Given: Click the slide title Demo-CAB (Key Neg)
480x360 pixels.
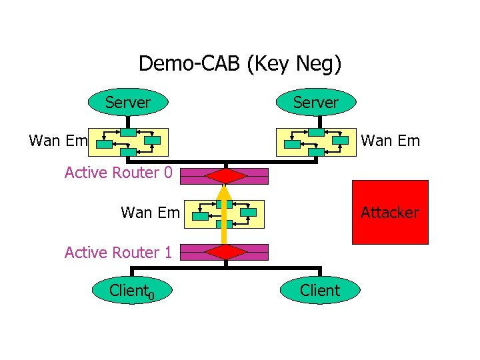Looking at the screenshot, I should (240, 63).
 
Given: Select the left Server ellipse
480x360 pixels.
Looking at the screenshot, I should (127, 103).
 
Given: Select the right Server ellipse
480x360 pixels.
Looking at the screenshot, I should (316, 103).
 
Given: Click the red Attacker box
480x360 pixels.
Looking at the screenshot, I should (390, 212).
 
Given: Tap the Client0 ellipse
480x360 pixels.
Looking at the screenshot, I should (133, 290).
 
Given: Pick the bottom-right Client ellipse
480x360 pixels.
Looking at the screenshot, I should (320, 290).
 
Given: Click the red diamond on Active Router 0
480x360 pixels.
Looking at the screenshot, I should (226, 175).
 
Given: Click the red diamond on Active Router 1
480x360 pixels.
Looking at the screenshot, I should (226, 252).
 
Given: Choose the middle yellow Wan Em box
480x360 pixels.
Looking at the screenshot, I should (225, 213).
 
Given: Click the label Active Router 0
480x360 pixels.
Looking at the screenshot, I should (118, 173).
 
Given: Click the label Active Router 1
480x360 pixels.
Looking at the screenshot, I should (118, 252).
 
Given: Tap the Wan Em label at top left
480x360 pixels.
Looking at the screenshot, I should (59, 141).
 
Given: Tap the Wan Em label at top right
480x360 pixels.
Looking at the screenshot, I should (390, 141).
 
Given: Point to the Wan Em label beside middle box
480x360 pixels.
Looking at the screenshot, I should (150, 213).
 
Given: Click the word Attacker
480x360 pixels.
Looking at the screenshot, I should (390, 213).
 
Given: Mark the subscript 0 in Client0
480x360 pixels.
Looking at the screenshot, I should (151, 295).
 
